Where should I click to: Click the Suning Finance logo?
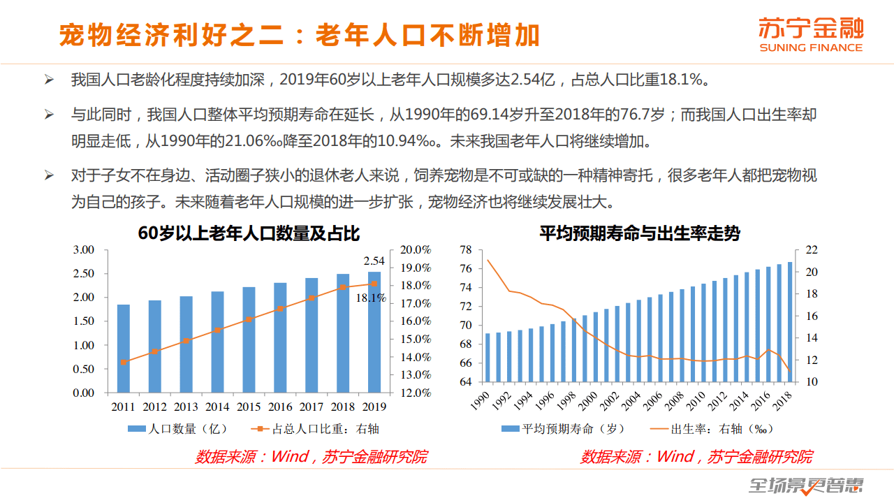click(811, 34)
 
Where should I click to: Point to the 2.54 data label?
click(374, 261)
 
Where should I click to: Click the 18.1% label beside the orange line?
click(371, 298)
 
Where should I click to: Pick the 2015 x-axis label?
click(249, 407)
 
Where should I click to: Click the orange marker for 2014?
click(217, 330)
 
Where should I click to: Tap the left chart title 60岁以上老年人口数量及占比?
click(249, 233)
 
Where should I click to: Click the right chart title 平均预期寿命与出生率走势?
click(639, 233)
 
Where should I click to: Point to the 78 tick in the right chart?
click(467, 250)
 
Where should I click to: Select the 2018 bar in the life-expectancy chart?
click(790, 322)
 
